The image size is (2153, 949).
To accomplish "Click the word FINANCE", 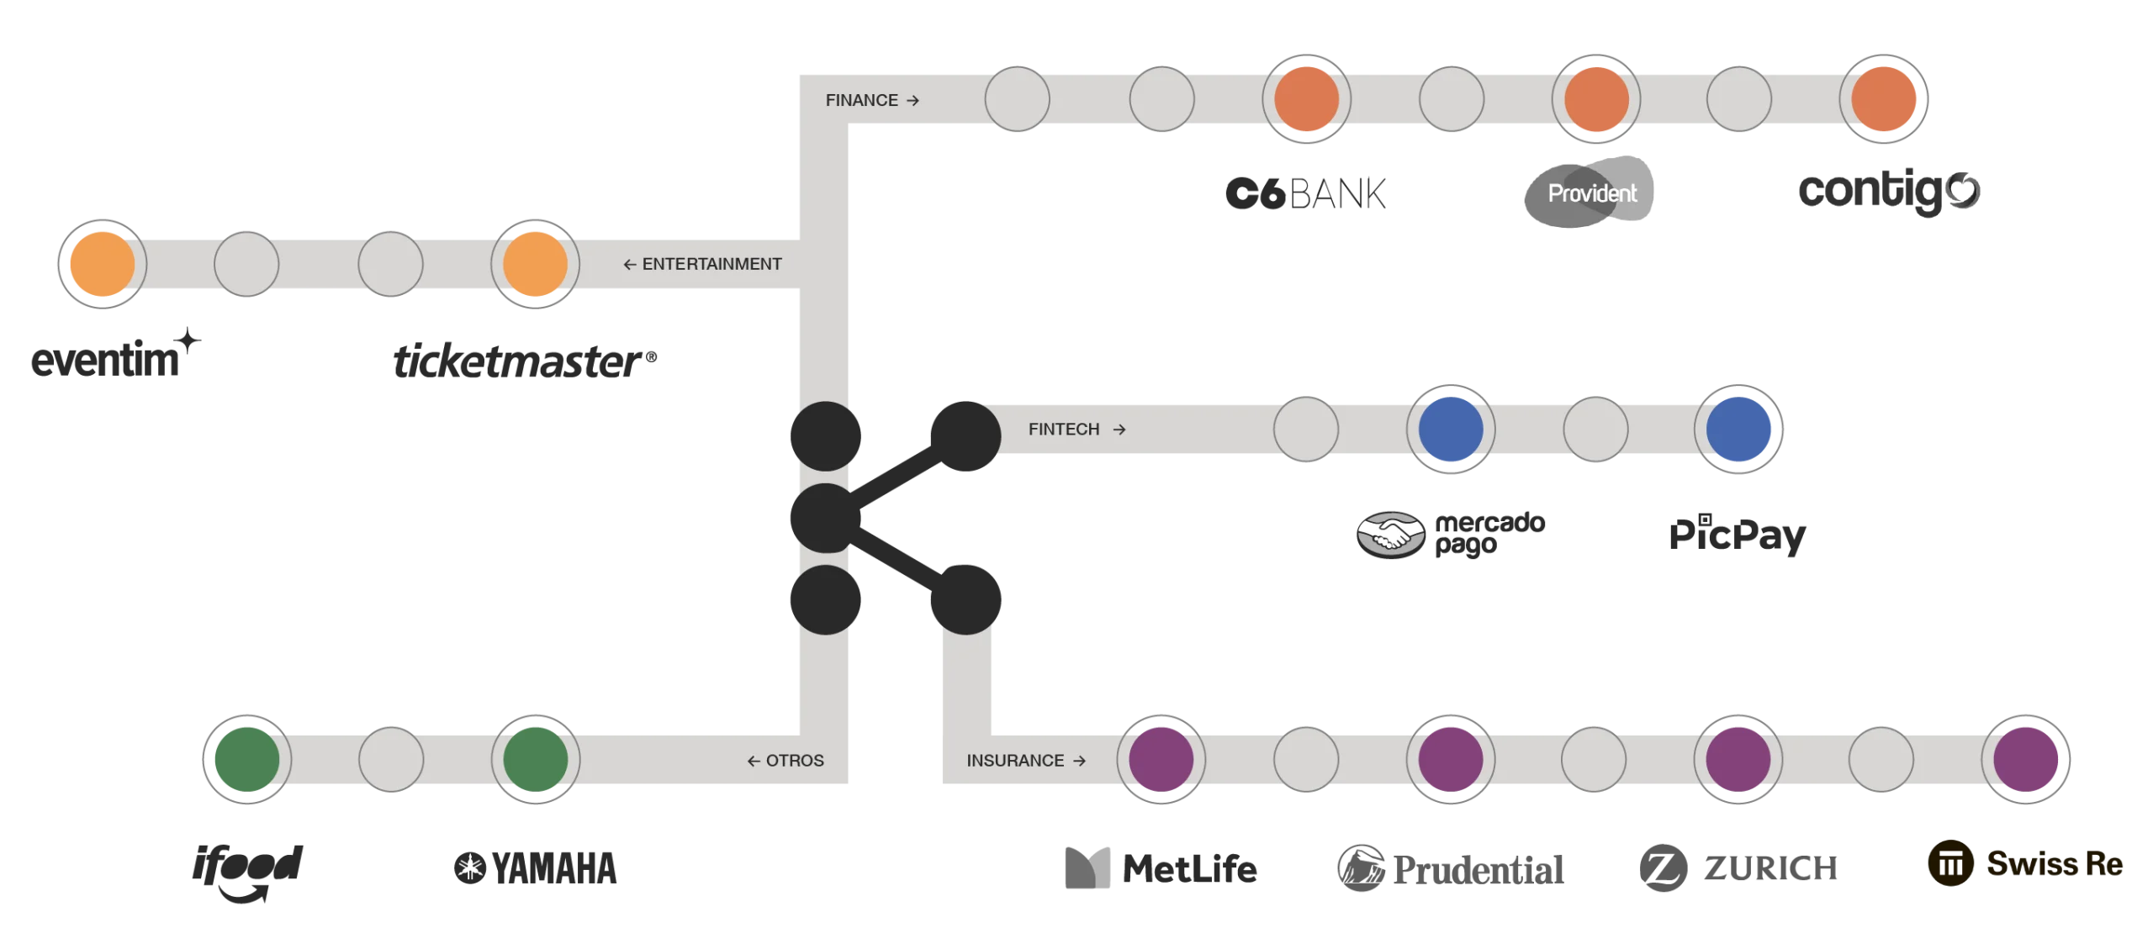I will pos(861,101).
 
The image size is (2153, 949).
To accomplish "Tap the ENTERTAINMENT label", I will pos(711,264).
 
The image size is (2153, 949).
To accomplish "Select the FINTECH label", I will pos(1064,430).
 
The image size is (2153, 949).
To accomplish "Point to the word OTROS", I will pos(795,761).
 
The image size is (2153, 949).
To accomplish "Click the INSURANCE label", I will pos(1015,761).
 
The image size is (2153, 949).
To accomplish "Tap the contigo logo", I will pos(1888,192).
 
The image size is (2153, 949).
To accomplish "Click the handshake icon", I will pos(1391,534).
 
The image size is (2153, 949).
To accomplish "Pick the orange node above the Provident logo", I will pos(1595,99).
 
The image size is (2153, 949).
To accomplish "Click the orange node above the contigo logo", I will pos(1884,99).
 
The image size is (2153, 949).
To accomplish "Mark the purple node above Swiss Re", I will pos(2026,760).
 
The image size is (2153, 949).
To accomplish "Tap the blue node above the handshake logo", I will pos(1451,430).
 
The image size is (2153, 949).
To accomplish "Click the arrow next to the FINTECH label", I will pos(1119,430).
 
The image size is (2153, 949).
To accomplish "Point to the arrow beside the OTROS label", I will pos(754,762).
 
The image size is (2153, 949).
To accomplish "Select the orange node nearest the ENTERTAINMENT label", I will pos(535,264).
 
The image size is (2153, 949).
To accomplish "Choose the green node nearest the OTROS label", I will pos(535,760).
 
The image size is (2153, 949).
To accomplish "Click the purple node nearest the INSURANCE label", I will pos(1161,760).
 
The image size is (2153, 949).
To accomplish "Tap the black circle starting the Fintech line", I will pos(965,435).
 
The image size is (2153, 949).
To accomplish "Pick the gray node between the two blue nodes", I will pos(1595,430).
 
